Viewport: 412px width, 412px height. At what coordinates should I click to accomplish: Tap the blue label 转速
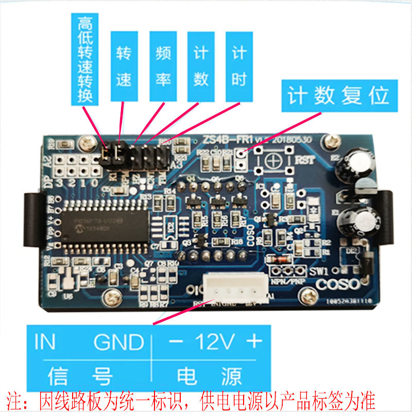124,66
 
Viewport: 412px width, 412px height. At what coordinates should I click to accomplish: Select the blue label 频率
163,66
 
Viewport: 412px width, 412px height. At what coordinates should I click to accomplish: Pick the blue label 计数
201,66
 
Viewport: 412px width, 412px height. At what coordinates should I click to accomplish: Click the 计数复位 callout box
339,96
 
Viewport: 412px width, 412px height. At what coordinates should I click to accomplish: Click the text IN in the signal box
45,341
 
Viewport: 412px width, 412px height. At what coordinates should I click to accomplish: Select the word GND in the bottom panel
119,341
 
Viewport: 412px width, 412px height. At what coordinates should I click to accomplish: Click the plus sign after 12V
253,341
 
